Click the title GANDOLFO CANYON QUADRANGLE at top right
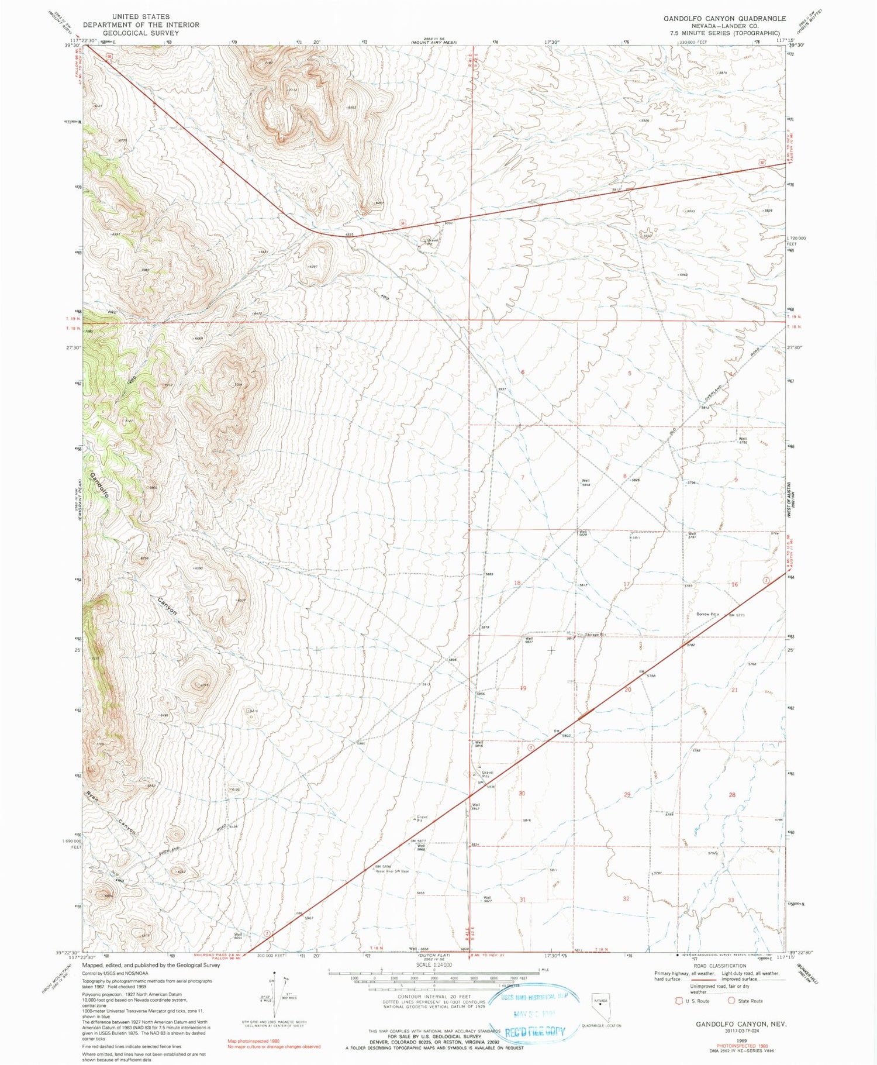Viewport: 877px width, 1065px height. tap(724, 19)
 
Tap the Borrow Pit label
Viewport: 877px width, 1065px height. tap(707, 614)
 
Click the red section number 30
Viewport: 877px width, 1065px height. tap(522, 794)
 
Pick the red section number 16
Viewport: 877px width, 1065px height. tap(734, 584)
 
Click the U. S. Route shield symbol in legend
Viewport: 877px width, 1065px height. tap(679, 1001)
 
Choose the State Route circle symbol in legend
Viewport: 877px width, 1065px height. tap(731, 1001)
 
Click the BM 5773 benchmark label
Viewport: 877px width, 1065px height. tap(736, 615)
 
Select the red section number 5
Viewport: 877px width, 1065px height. tap(630, 373)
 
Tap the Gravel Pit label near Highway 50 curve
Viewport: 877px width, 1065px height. tap(433, 242)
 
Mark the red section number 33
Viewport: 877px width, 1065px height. tap(730, 899)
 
